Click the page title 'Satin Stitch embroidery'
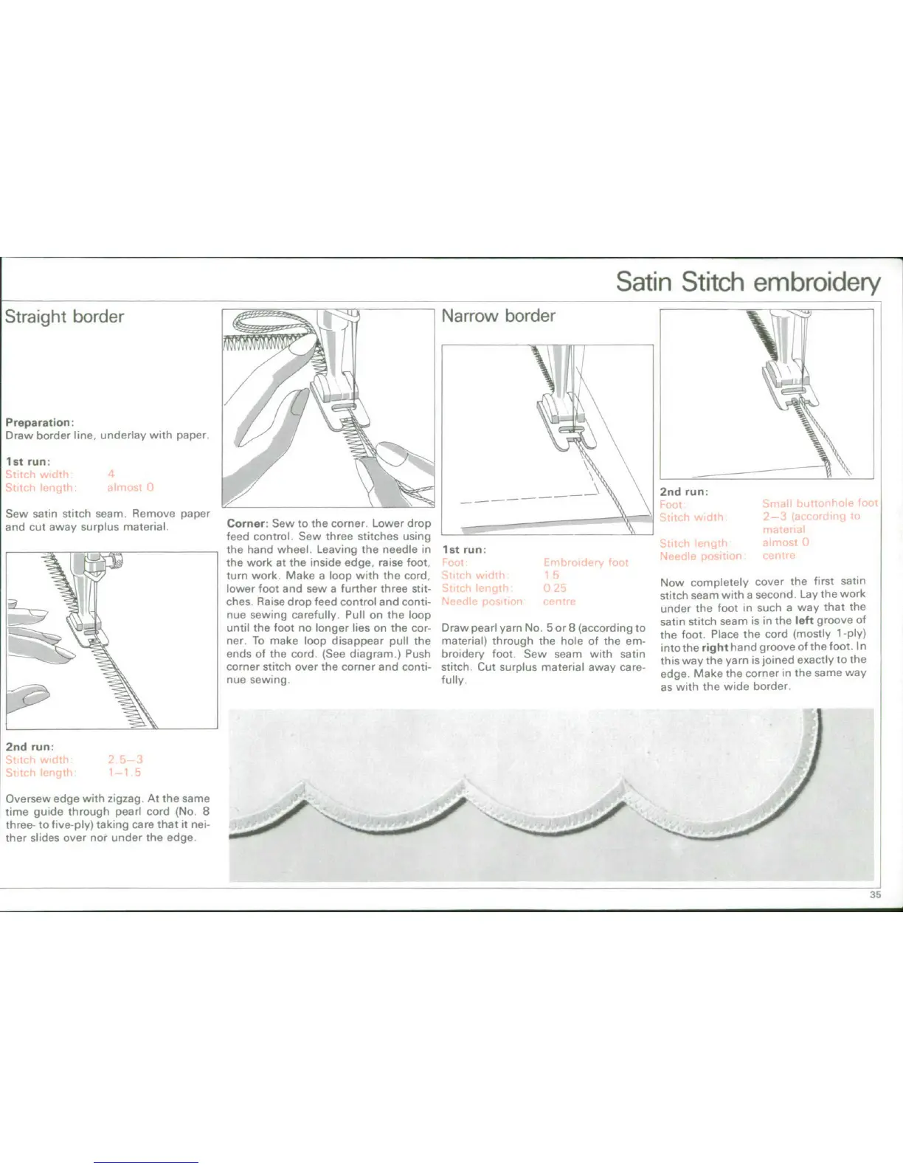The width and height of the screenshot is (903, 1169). click(747, 282)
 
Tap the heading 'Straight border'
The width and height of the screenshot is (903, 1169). click(64, 317)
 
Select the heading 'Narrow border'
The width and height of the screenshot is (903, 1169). click(498, 316)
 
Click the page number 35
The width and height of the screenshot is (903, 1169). click(875, 894)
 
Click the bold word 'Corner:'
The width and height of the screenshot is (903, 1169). click(246, 523)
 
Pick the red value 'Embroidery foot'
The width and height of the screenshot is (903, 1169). click(586, 562)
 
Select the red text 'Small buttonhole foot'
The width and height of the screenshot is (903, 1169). click(820, 503)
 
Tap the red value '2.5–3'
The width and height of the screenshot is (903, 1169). click(125, 759)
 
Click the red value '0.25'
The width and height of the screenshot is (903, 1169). click(554, 588)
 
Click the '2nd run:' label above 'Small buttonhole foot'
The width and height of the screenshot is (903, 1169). click(684, 492)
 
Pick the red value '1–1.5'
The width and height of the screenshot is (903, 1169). click(124, 773)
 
